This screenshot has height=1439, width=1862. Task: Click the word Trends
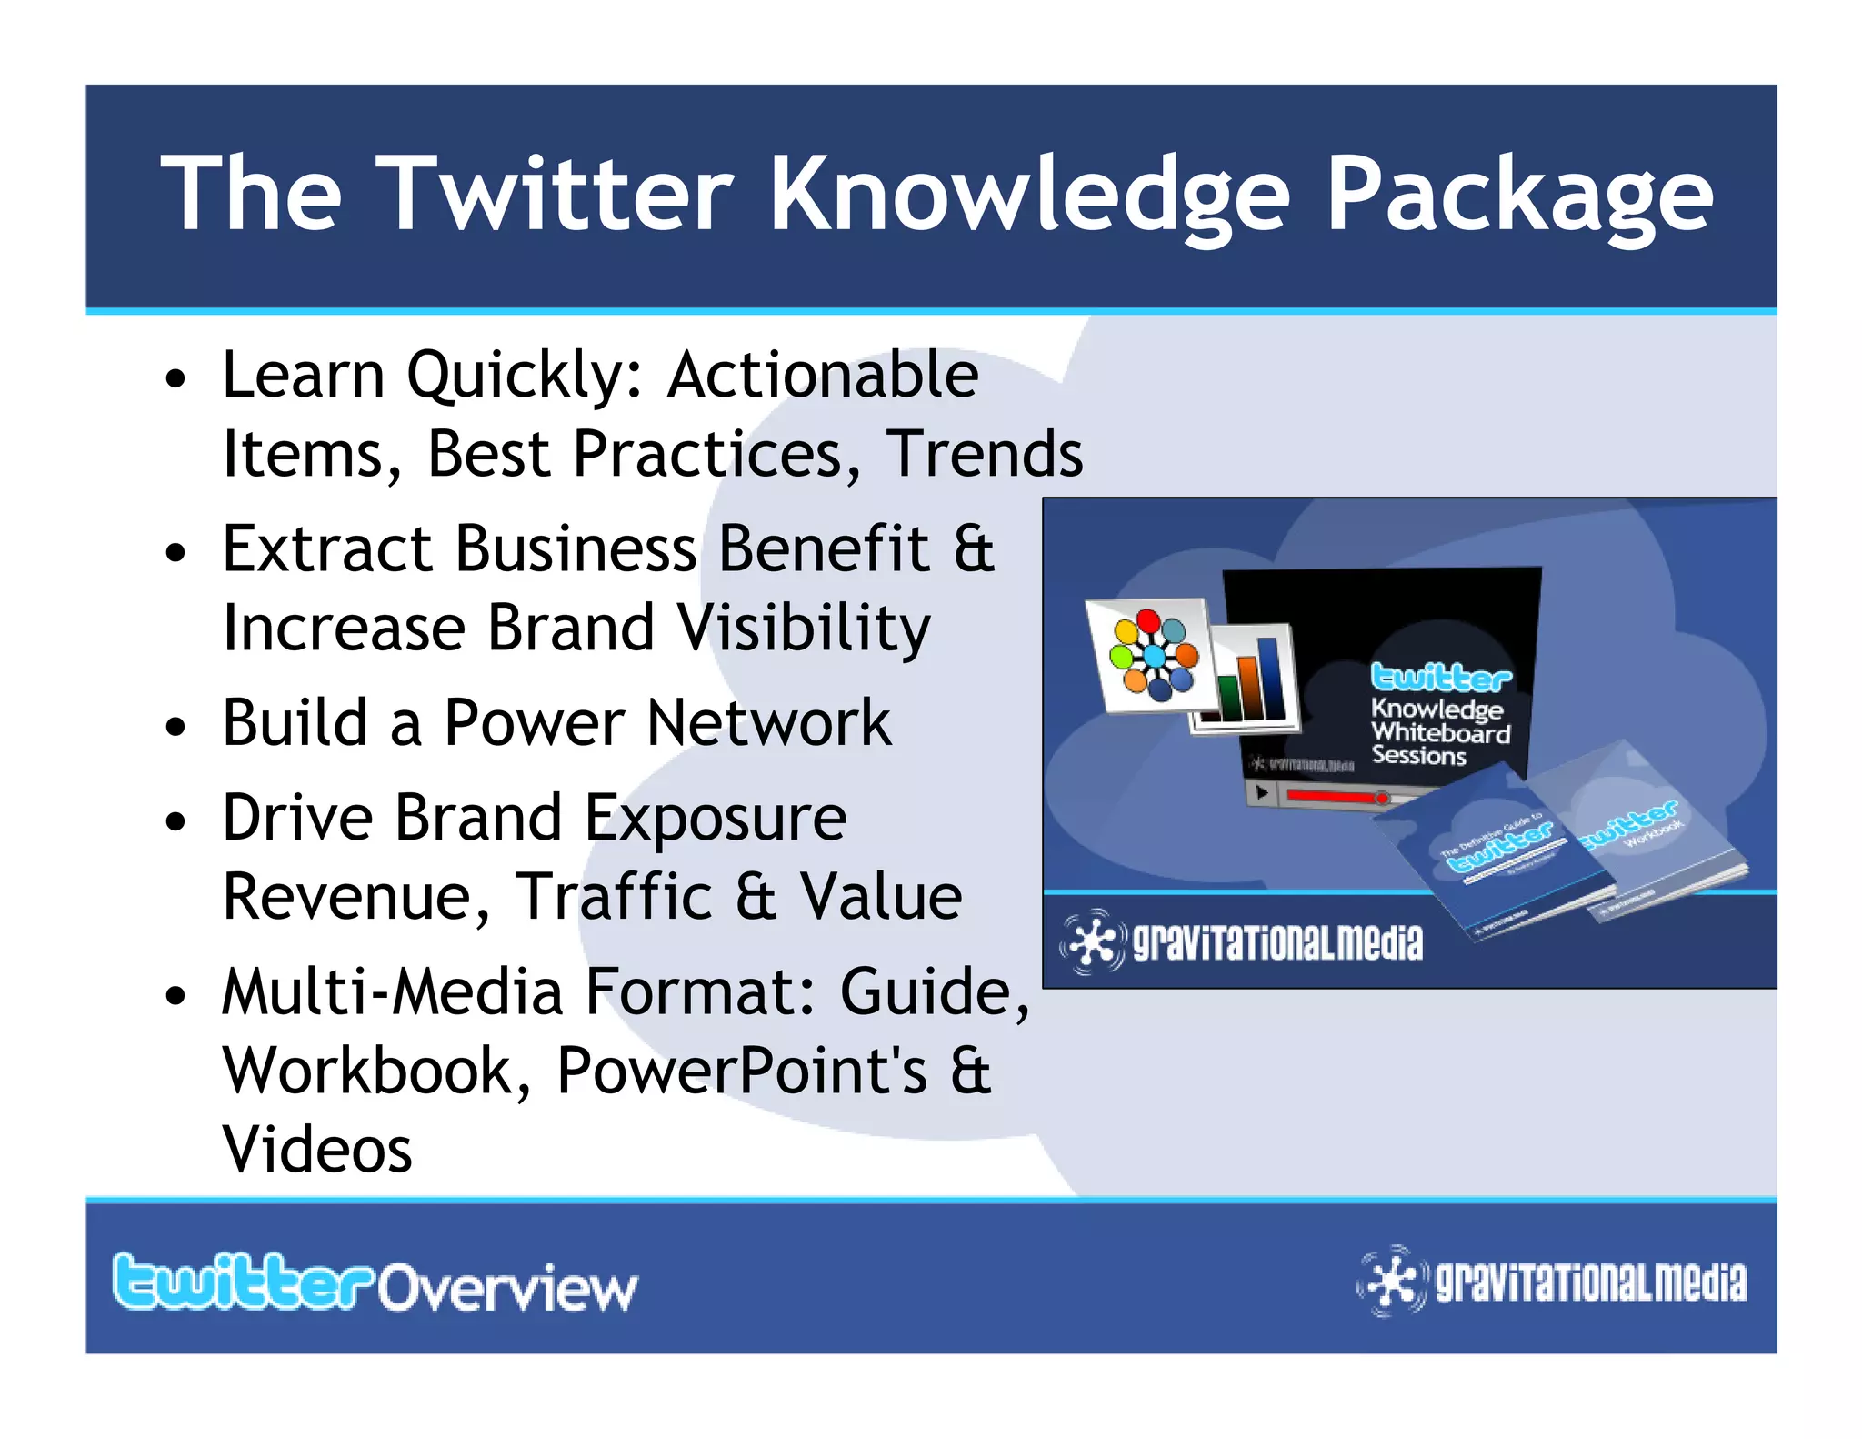click(x=985, y=454)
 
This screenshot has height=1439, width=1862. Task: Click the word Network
click(x=768, y=724)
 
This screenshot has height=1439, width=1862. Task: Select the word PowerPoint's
click(x=741, y=1072)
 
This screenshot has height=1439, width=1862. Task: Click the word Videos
click(x=317, y=1151)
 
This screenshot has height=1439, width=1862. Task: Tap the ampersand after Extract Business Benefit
click(x=974, y=549)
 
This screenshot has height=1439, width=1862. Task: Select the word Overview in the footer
click(x=507, y=1289)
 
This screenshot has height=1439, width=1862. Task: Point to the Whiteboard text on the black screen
click(x=1440, y=733)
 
